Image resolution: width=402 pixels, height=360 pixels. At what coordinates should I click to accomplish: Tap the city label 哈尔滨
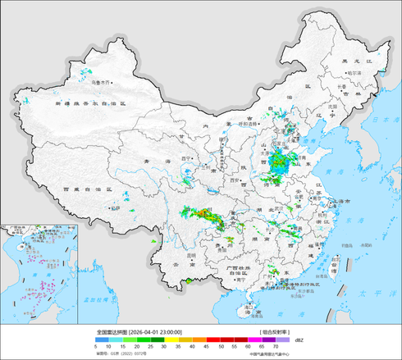pos(354,73)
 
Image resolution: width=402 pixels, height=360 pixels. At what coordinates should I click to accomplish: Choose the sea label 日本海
pos(380,121)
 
